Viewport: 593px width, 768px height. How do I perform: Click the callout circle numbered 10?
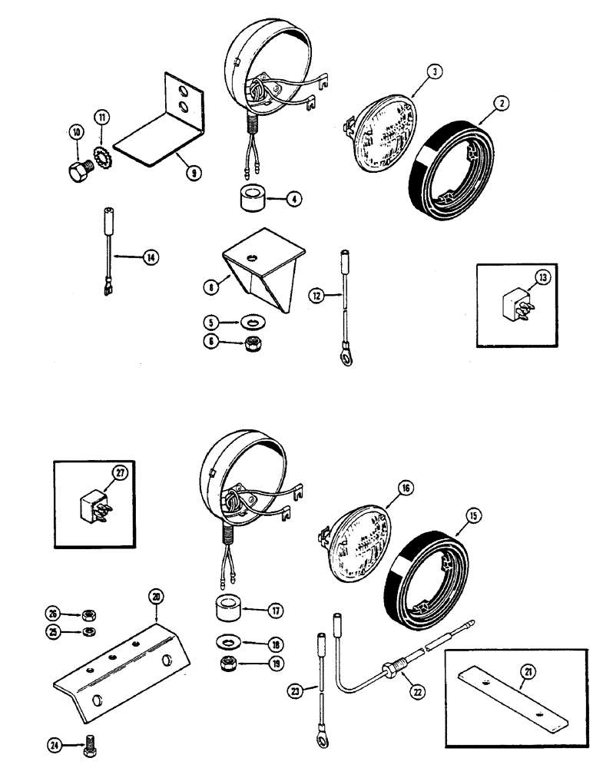tap(76, 132)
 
